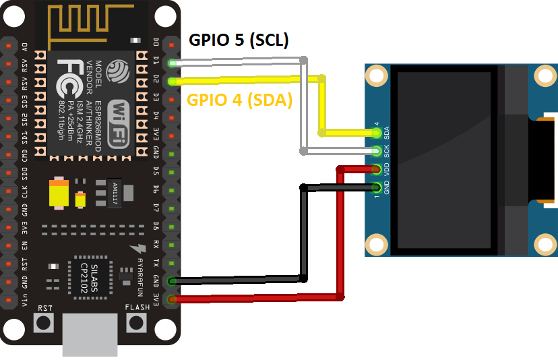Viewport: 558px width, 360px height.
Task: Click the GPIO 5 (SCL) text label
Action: (239, 40)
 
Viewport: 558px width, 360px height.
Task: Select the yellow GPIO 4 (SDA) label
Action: (239, 100)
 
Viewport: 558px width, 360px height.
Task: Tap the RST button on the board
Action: (44, 322)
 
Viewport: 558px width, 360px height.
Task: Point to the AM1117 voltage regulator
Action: (115, 193)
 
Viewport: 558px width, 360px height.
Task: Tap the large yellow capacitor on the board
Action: (59, 193)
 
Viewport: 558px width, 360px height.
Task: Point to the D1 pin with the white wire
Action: (173, 64)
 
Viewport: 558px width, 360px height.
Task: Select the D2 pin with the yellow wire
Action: (173, 82)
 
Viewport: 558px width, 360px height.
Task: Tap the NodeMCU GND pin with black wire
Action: (173, 280)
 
